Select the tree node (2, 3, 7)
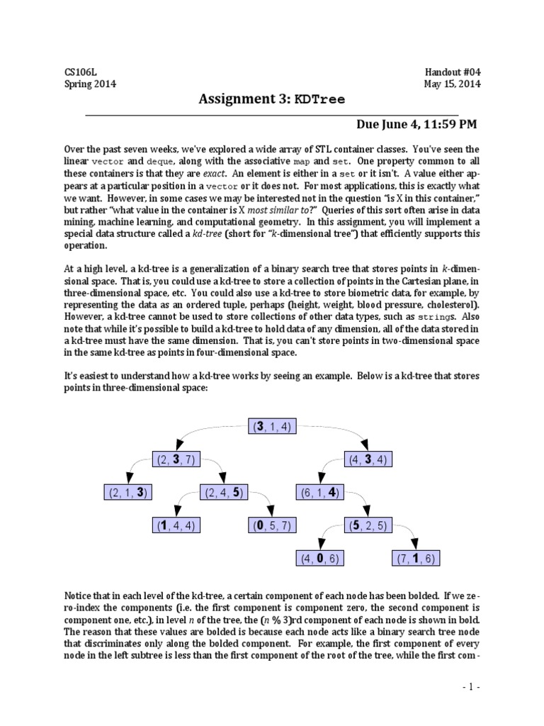[176, 459]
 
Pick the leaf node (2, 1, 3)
[130, 492]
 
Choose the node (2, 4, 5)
[225, 492]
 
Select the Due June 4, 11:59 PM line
[416, 125]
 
